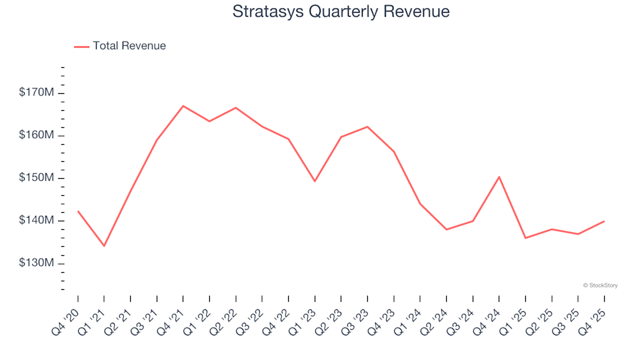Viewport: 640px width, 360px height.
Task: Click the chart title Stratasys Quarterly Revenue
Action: point(341,12)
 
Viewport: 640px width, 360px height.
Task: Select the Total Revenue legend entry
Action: point(121,46)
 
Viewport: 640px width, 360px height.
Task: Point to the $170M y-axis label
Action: point(36,92)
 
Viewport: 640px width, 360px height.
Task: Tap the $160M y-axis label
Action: point(36,135)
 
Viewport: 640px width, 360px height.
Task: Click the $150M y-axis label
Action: point(36,178)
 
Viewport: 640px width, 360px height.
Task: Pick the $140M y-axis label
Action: point(36,221)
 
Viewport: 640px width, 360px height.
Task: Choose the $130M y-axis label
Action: point(36,263)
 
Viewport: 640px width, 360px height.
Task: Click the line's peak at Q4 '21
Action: point(183,106)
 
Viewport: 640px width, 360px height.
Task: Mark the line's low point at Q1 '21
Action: point(104,246)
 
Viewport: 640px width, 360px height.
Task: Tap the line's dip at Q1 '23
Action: point(315,181)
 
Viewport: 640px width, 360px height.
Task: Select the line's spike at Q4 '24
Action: point(499,177)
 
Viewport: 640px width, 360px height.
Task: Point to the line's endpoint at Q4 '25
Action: point(604,221)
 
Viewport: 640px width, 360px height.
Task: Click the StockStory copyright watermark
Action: point(600,285)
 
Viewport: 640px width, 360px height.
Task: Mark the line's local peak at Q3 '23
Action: point(367,127)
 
